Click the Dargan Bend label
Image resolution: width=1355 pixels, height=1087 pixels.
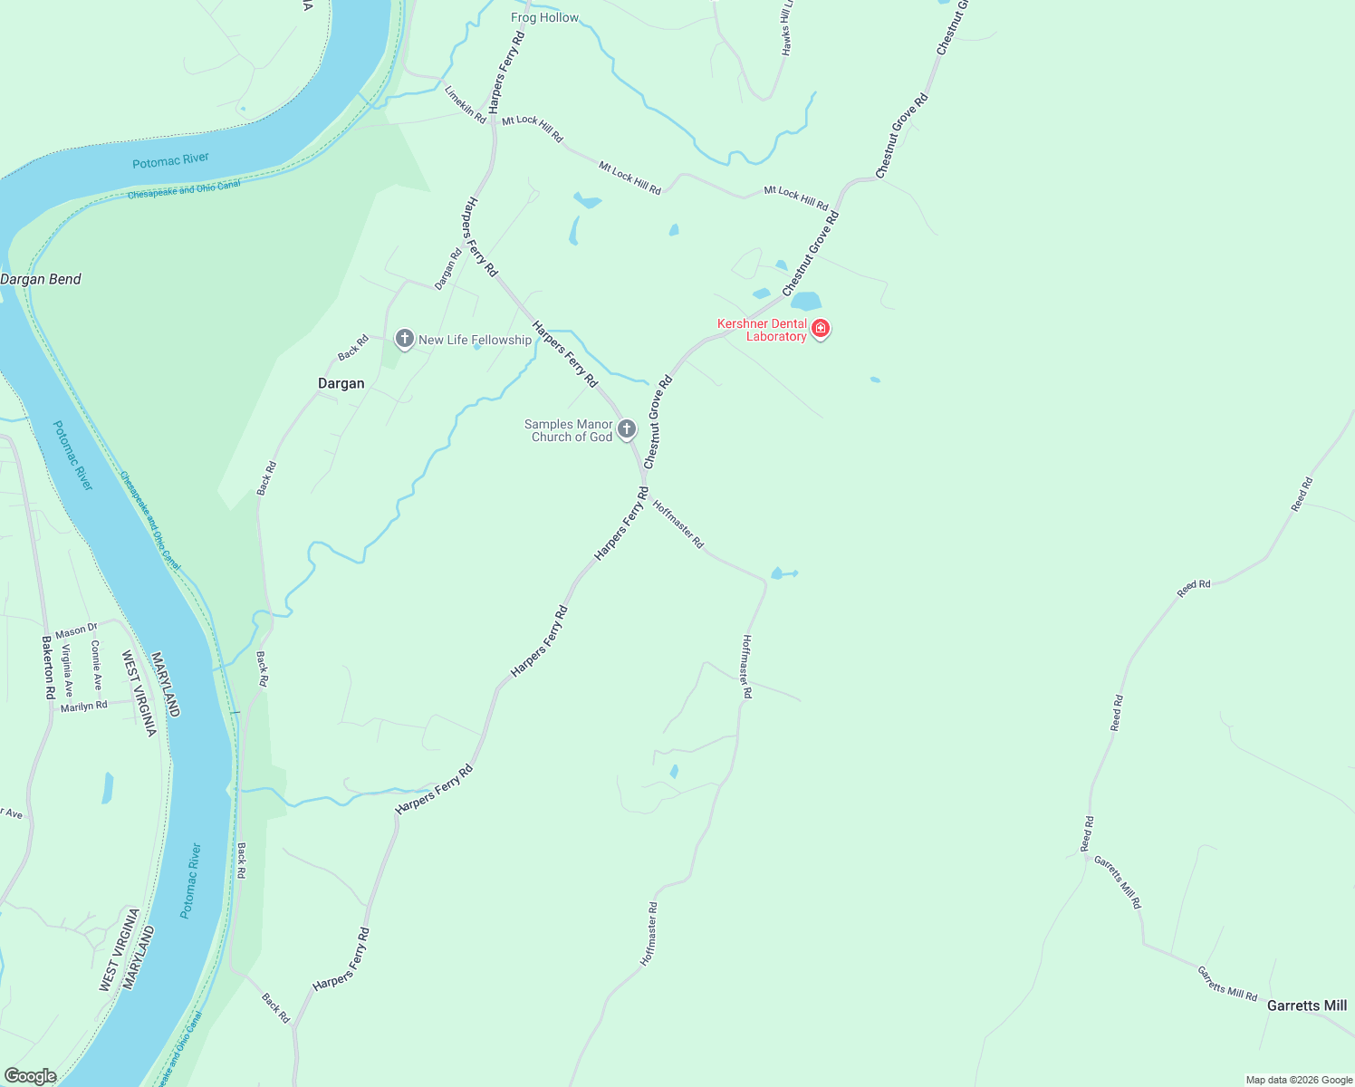(x=41, y=279)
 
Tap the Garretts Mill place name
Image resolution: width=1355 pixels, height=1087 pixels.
(x=1306, y=1005)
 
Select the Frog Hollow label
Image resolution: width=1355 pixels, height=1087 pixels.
(x=544, y=17)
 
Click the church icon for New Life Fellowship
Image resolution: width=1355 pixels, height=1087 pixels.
(x=405, y=339)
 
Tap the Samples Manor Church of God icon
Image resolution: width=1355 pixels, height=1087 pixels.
(x=627, y=428)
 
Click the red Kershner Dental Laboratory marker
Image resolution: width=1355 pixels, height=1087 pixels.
(x=821, y=328)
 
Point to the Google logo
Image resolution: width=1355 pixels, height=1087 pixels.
(x=30, y=1076)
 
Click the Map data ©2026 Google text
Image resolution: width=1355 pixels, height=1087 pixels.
(x=1299, y=1080)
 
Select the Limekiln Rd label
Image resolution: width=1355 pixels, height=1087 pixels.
(x=465, y=104)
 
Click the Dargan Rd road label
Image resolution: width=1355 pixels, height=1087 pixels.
(x=448, y=269)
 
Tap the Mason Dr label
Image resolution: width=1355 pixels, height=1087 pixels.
(x=76, y=630)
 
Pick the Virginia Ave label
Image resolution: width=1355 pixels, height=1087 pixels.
(x=67, y=670)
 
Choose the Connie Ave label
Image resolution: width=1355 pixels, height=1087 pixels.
(x=97, y=666)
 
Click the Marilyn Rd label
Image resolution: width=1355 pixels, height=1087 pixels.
(x=83, y=706)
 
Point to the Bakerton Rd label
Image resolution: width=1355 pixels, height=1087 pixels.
(x=49, y=668)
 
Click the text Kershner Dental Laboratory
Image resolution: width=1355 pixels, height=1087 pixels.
(x=762, y=330)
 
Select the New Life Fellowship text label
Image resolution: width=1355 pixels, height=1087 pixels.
(x=475, y=340)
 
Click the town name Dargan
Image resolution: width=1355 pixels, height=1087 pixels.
(x=341, y=383)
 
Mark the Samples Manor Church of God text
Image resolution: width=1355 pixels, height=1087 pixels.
(x=569, y=430)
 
